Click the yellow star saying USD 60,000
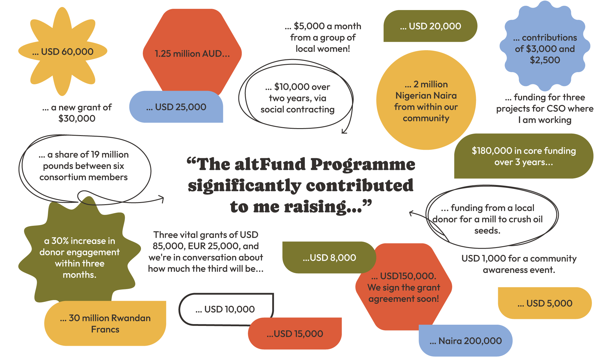pos(63,51)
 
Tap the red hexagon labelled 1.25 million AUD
pos(192,54)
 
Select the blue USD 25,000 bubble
pos(176,107)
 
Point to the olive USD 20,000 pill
pos(430,26)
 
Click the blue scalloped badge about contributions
pos(545,49)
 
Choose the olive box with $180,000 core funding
pos(523,156)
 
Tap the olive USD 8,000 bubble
pos(329,258)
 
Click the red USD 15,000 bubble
pos(295,334)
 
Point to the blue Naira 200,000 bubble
pos(466,341)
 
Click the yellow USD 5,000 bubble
pos(545,303)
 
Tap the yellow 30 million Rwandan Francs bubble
pos(105,323)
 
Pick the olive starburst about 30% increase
pos(79,257)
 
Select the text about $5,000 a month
pos(323,37)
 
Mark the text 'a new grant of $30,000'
pos(77,113)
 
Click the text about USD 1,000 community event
pos(519,264)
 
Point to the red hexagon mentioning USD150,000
pos(404,288)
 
